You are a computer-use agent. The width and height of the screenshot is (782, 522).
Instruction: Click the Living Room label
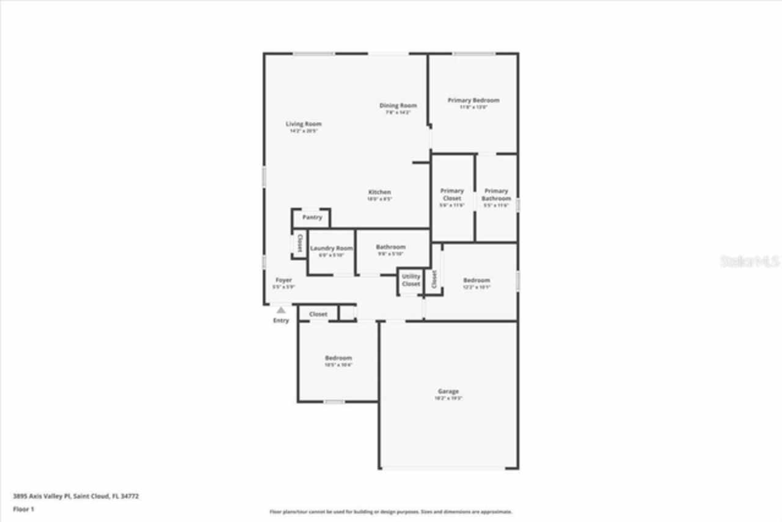point(304,124)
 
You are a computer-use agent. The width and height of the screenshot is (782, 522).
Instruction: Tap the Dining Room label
point(398,106)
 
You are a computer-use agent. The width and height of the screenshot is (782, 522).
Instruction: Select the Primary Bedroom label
point(473,100)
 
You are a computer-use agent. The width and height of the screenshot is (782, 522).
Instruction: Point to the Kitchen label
point(379,192)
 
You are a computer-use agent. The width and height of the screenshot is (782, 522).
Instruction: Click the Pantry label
point(312,218)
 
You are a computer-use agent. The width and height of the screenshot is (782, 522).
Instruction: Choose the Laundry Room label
point(331,248)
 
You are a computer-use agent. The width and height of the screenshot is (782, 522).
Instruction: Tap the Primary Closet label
point(452,194)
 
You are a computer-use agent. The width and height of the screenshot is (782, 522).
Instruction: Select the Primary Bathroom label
point(496,194)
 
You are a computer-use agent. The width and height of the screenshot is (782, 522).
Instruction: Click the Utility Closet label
point(411,280)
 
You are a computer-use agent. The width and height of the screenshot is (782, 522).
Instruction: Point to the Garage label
point(448,391)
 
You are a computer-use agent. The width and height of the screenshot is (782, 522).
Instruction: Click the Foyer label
point(283,280)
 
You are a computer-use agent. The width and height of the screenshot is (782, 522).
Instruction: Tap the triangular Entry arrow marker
point(281,311)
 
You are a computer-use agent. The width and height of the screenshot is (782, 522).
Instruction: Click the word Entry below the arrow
point(281,320)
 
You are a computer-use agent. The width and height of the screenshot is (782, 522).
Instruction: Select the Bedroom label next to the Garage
point(338,358)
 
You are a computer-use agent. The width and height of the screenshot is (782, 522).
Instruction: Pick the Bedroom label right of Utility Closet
point(477,280)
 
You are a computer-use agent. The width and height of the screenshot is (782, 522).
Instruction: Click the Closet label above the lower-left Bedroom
point(318,314)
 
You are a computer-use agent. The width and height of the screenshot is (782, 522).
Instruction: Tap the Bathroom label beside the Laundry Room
point(390,247)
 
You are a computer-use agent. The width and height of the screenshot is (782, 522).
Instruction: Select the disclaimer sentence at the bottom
point(391,512)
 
